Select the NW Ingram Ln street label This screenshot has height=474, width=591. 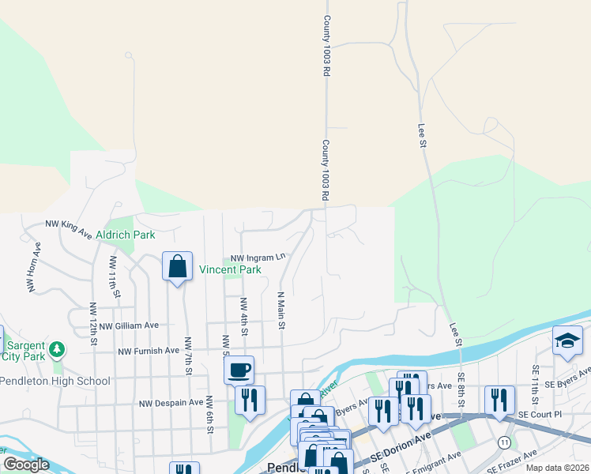click(x=257, y=258)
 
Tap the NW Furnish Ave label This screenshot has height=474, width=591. click(x=149, y=351)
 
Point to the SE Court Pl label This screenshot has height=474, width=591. click(x=539, y=414)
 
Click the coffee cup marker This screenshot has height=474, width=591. click(x=239, y=369)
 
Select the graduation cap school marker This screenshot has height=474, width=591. click(x=567, y=340)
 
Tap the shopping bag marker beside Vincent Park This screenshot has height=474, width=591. click(x=178, y=266)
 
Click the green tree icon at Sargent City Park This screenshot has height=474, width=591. click(x=56, y=349)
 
